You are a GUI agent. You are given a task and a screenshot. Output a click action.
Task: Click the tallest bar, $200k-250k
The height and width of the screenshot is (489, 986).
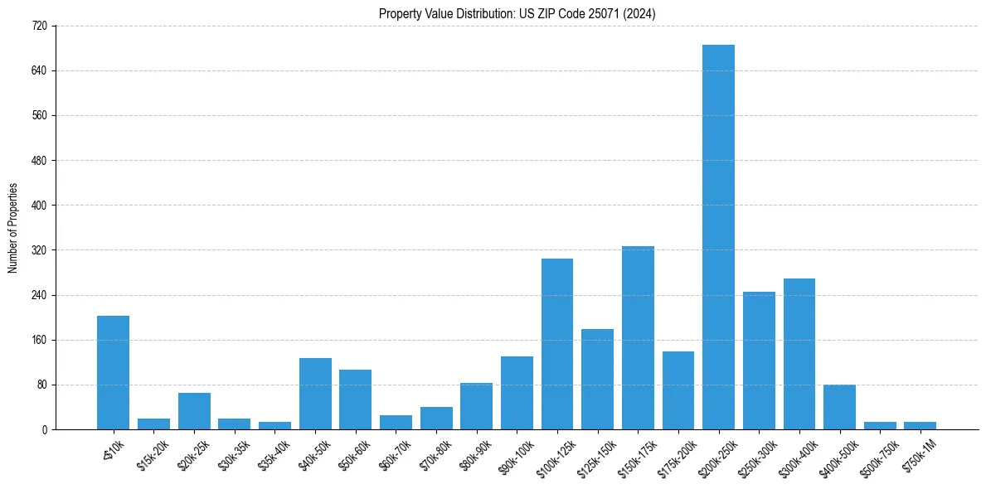click(718, 237)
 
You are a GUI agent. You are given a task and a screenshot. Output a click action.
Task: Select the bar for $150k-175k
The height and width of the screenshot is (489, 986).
click(638, 338)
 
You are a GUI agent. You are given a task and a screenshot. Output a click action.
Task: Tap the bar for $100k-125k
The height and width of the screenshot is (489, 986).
click(557, 344)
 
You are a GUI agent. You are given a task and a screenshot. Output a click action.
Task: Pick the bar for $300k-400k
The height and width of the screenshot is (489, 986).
click(799, 354)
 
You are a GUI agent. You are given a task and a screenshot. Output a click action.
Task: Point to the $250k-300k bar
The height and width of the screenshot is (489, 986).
click(759, 361)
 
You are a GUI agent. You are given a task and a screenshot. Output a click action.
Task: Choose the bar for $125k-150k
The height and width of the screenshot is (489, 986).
click(597, 380)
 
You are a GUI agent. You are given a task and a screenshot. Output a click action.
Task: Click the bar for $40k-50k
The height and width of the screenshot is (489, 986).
click(315, 394)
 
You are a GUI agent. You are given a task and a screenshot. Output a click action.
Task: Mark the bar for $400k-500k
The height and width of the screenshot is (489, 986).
click(839, 407)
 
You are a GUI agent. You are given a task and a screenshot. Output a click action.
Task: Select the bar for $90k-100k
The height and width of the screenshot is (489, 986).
click(517, 393)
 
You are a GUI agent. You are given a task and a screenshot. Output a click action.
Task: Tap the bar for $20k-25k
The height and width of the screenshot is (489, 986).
click(194, 411)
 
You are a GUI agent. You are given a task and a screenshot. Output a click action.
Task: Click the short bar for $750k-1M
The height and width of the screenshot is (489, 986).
click(920, 426)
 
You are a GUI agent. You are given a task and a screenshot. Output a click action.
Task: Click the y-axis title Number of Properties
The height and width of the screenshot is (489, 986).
click(13, 228)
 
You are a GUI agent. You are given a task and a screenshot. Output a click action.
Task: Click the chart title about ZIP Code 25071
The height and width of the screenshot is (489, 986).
click(517, 13)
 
